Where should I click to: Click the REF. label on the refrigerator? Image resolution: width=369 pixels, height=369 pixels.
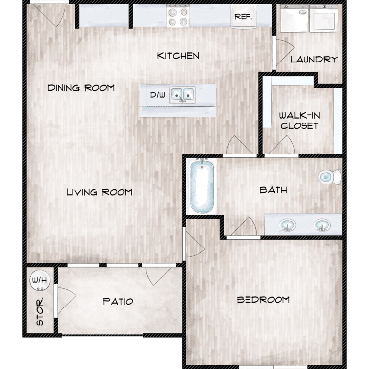243,17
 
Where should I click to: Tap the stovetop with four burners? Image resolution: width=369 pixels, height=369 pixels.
178,16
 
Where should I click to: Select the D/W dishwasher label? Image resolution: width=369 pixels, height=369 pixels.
157,95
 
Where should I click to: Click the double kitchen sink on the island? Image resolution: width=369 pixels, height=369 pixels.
183,95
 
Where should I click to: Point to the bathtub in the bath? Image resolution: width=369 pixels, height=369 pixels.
202,186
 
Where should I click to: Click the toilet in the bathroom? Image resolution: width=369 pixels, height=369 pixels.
330,177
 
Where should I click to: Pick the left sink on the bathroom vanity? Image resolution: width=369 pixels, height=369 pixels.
288,225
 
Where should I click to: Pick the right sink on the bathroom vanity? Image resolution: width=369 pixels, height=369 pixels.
322,225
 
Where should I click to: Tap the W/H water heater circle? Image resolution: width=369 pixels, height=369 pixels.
40,280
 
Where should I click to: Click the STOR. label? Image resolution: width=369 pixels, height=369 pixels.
40,311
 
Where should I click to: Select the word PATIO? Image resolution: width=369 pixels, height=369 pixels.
118,301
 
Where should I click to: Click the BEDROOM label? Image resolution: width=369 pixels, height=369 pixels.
263,300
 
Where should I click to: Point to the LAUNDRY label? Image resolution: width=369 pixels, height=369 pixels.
314,60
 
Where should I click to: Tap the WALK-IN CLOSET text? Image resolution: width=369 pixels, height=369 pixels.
300,121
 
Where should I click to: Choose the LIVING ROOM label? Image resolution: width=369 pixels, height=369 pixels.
99,192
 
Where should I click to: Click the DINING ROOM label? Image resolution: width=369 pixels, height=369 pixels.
81,88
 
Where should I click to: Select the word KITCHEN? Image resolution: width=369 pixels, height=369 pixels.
178,56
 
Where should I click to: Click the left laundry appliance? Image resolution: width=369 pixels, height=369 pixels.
294,18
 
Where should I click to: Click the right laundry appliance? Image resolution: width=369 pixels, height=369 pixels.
324,18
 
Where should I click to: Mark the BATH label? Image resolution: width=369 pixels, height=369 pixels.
274,190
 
